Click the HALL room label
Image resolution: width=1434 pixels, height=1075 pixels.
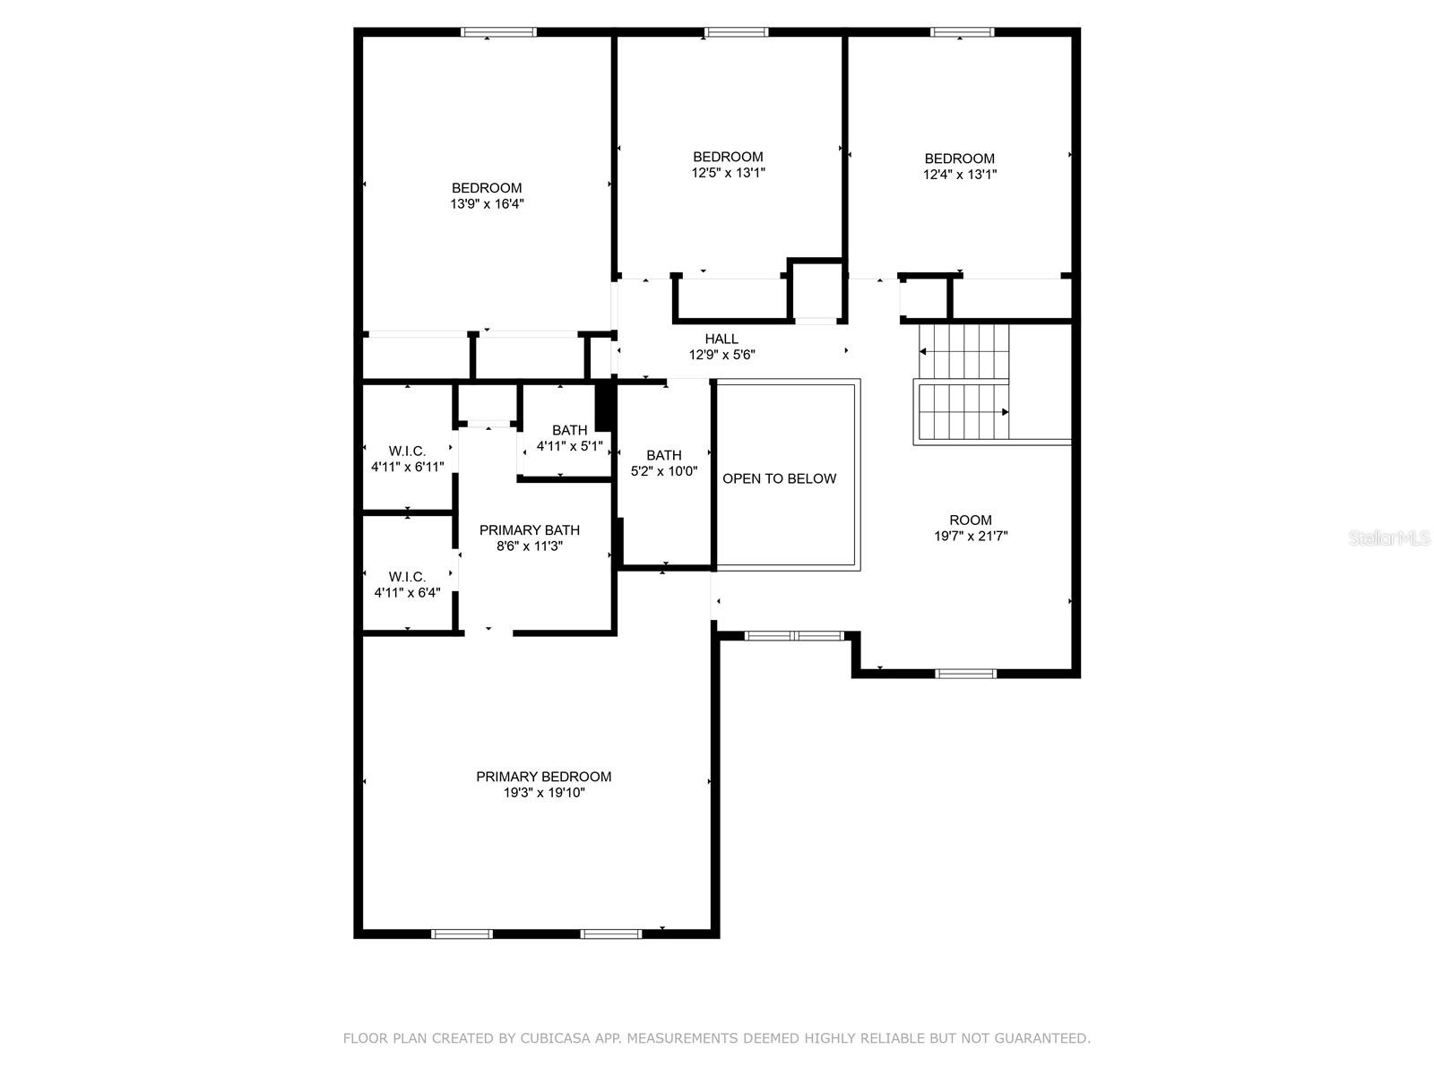[x=721, y=339]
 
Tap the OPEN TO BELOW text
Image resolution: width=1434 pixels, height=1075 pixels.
[x=779, y=478]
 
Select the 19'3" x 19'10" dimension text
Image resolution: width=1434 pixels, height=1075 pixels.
[x=543, y=793]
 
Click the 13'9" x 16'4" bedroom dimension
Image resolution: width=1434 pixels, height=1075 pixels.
[x=487, y=204]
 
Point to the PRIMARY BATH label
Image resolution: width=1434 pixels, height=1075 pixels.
[x=529, y=529]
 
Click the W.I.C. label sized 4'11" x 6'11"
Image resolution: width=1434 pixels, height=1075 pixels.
[x=407, y=451]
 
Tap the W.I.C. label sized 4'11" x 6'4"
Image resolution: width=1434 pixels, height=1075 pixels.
[x=407, y=576]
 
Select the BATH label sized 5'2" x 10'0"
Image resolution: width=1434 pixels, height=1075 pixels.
[x=663, y=455]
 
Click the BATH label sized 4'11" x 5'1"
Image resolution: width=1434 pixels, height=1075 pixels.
[x=569, y=430]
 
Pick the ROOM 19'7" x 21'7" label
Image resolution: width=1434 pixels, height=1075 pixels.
[x=971, y=520]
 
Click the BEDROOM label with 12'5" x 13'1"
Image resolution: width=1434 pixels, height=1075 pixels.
[x=728, y=157]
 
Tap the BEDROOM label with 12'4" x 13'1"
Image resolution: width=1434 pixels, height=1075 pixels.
[x=959, y=159]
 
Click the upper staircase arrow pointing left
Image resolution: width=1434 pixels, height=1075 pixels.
[x=924, y=352]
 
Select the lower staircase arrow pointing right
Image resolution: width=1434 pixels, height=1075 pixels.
[x=1005, y=412]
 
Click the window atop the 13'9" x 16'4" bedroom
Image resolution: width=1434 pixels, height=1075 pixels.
[x=498, y=32]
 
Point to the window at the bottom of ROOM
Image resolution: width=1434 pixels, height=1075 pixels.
[x=965, y=674]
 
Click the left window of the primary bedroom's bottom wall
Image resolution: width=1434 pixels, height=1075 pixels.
[x=462, y=933]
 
